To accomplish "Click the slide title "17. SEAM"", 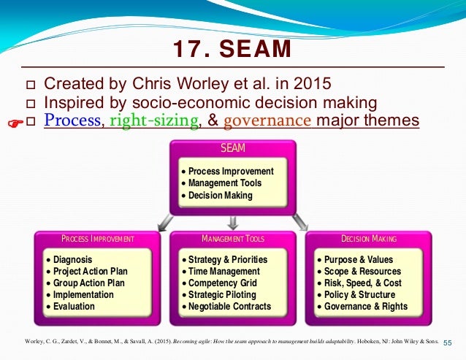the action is (232, 50).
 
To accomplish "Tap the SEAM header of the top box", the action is (232, 149).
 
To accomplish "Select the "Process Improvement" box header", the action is (97, 239).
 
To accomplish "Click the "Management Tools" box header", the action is (232, 239).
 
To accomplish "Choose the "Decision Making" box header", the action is (369, 239).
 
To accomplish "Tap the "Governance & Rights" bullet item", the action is (364, 307).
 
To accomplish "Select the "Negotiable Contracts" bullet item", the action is (229, 307).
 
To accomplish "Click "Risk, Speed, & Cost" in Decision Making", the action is (363, 283).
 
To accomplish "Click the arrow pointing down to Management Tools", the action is (232, 222).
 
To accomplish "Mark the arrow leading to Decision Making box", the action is (299, 222).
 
